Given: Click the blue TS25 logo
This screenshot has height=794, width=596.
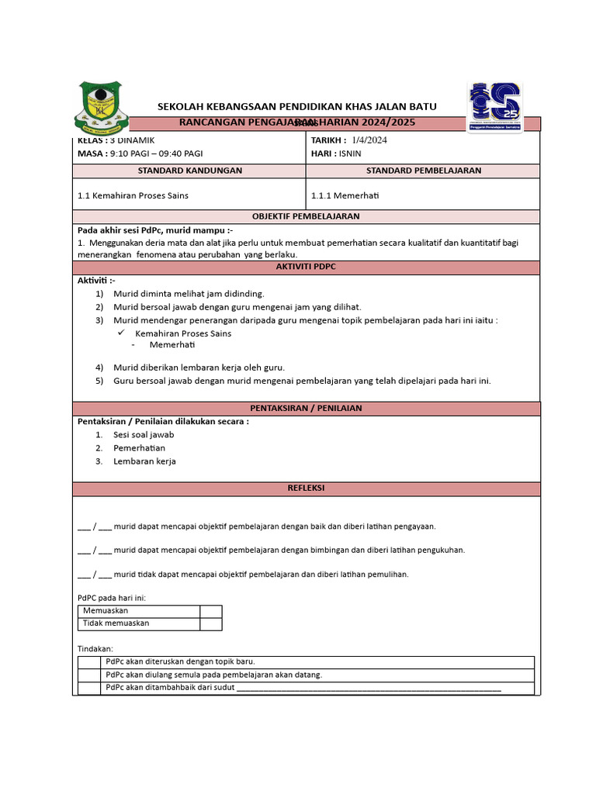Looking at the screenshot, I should [494, 106].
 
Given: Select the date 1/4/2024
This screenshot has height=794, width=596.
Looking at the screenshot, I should [369, 140].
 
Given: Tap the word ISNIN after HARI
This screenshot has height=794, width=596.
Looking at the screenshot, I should [348, 154].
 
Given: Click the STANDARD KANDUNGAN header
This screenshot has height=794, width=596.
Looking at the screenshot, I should [189, 171].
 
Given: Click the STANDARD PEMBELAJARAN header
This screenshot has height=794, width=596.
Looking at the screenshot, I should [423, 171].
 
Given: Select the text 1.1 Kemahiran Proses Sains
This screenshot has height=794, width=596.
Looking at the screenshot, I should [133, 195].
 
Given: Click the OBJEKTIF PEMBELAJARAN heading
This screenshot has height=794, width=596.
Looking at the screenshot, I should [306, 216].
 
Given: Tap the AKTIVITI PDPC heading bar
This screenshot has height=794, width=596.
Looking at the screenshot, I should [306, 267].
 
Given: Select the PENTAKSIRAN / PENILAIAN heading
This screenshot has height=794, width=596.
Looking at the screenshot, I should [306, 408].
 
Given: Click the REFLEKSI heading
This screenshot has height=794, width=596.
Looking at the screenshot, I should [306, 488].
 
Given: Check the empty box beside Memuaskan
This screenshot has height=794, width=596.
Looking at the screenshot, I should [210, 611].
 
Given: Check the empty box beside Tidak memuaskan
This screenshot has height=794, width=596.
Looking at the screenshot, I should [210, 623].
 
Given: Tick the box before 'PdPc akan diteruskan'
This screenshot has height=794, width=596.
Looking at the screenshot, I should [88, 662].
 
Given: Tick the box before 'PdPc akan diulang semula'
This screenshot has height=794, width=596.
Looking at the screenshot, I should [88, 675].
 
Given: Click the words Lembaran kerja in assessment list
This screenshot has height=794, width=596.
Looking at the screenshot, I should [144, 461].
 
